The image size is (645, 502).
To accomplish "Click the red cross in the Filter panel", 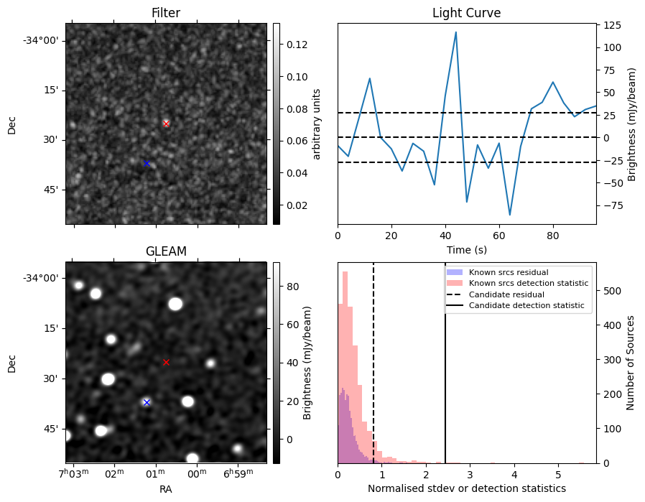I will coord(166,124).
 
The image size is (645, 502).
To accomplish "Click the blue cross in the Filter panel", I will coord(147,164).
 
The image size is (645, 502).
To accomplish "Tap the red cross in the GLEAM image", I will coord(166,362).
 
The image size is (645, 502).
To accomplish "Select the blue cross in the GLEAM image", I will coord(147,402).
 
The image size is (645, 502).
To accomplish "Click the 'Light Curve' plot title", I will coord(466,13).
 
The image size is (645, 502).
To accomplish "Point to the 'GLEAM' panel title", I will coord(166,251).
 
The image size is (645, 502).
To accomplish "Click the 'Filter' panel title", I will coord(166,13).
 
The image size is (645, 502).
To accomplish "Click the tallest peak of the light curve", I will coord(455,32).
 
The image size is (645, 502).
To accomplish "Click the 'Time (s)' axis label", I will coord(466,248).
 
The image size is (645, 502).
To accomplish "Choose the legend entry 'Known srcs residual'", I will coord(509,272).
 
